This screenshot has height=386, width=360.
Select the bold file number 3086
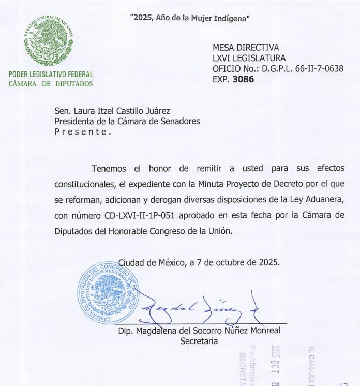pos(243,80)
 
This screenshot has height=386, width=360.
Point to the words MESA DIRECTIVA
pos(246,48)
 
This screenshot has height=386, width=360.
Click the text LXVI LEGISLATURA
pos(249,58)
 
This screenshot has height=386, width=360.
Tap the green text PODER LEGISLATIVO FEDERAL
pos(51,75)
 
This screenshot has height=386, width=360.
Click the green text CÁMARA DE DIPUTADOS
pos(51,83)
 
